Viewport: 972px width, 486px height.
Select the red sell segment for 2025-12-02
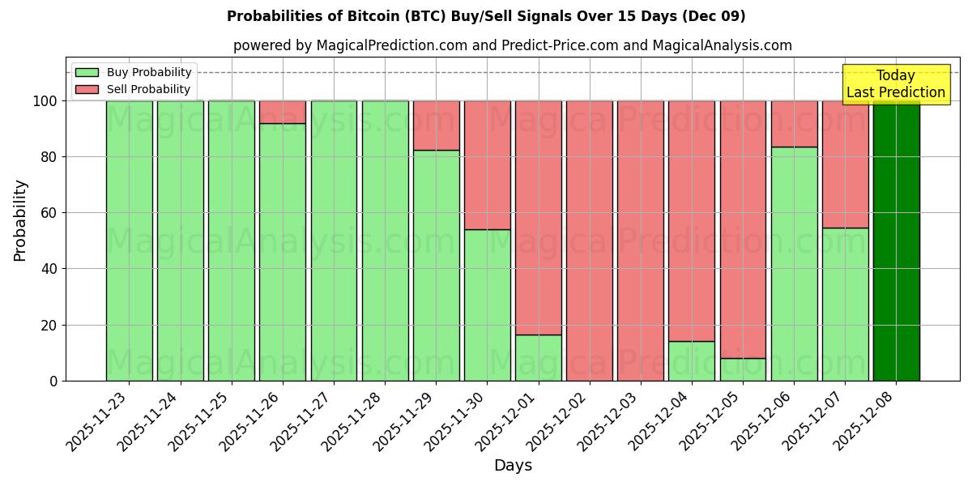coord(590,241)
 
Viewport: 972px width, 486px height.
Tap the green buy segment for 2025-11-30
coord(487,305)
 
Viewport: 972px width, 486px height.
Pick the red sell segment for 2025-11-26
coord(283,112)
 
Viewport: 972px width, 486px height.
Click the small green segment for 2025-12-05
coord(743,369)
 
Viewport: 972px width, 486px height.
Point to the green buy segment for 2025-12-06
coord(794,263)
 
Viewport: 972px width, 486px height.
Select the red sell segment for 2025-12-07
coord(845,164)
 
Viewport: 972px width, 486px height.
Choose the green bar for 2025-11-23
coord(129,241)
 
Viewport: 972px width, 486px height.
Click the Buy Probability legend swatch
coord(87,72)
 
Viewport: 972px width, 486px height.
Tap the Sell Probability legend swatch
coord(87,89)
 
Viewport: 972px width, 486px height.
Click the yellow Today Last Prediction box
coord(895,84)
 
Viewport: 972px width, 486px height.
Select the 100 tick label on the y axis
coord(45,101)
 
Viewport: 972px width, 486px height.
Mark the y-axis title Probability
coord(20,220)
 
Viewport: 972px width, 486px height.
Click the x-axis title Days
coord(513,466)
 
